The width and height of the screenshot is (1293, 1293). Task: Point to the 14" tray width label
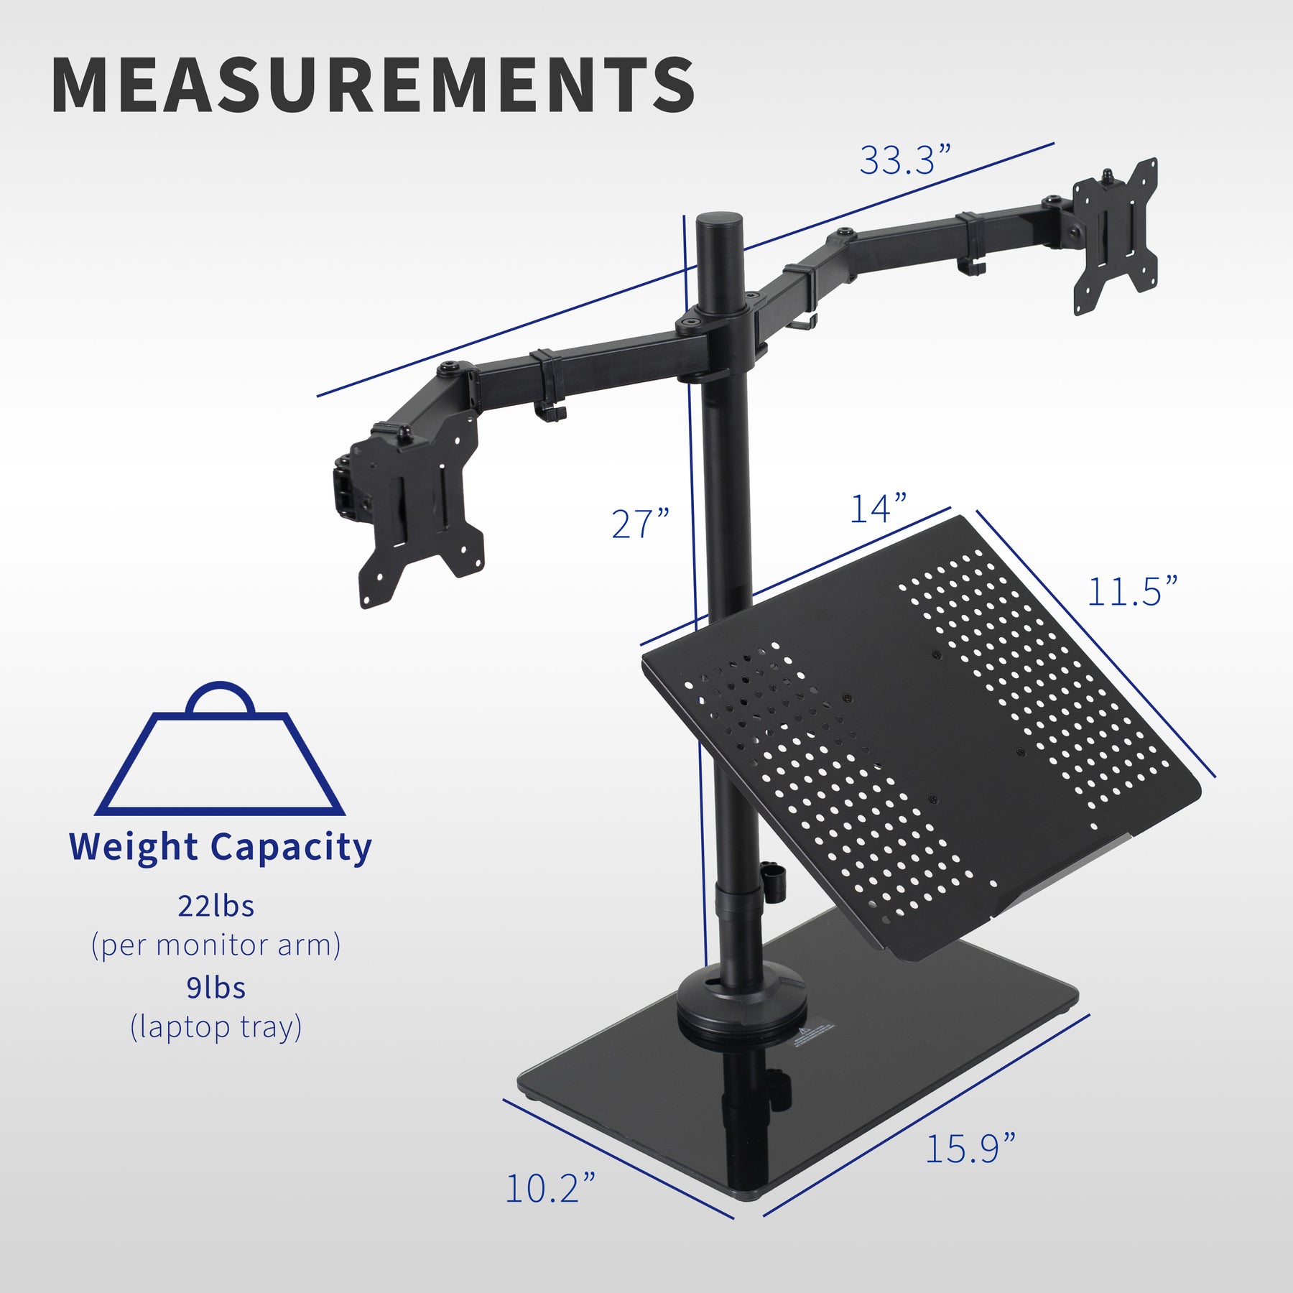click(878, 509)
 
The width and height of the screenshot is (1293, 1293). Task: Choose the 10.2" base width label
click(550, 1188)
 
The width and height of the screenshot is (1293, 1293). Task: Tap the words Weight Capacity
click(220, 848)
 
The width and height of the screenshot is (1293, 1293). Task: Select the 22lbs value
click(216, 907)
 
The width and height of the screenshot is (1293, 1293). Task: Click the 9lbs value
click(216, 988)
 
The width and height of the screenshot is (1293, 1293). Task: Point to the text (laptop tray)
click(216, 1027)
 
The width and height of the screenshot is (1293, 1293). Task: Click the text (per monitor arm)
click(216, 945)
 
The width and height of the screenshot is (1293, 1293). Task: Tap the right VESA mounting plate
click(1115, 237)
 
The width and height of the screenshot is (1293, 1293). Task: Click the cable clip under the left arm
click(550, 412)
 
